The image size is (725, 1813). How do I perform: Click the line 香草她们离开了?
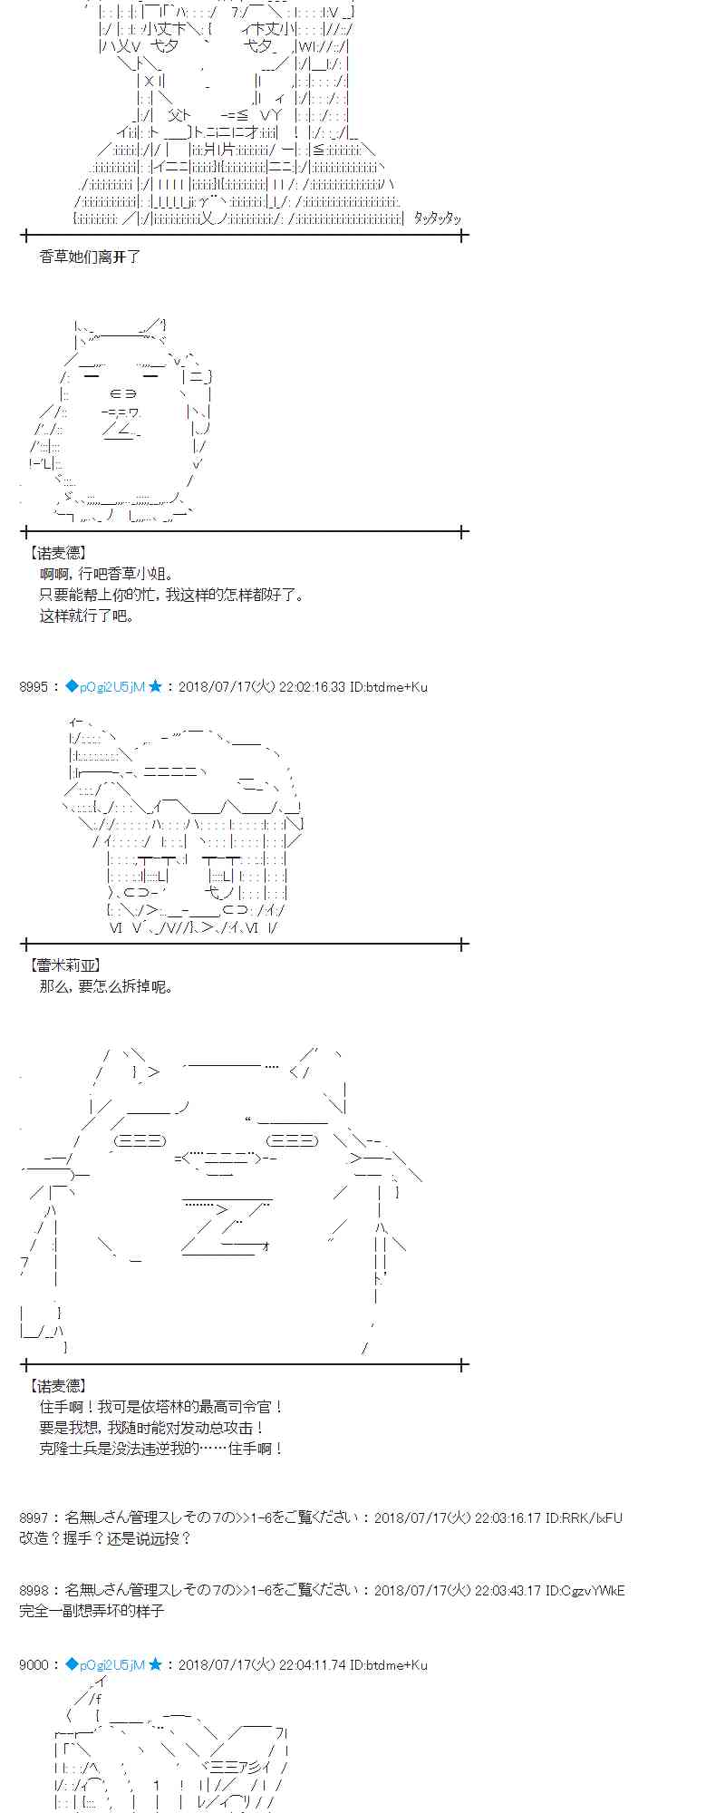point(90,257)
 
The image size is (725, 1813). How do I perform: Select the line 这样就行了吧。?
point(87,616)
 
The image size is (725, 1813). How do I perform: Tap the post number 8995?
point(33,687)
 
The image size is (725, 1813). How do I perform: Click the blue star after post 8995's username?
point(155,687)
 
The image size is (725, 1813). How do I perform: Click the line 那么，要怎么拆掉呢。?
point(106,986)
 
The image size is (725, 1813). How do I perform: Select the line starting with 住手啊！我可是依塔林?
point(161,1407)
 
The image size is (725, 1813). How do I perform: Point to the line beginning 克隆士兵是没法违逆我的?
point(161,1449)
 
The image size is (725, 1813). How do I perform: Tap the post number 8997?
point(33,1517)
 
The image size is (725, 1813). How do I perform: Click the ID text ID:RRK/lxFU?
point(585,1517)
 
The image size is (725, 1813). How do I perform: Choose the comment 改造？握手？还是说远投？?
point(105,1538)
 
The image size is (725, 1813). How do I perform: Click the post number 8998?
point(33,1590)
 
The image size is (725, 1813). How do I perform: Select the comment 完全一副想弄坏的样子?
point(92,1611)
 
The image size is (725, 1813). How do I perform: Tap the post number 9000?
point(33,1664)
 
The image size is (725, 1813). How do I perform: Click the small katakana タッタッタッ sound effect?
point(437,218)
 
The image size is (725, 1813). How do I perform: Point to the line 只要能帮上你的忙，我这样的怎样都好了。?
point(172,595)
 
